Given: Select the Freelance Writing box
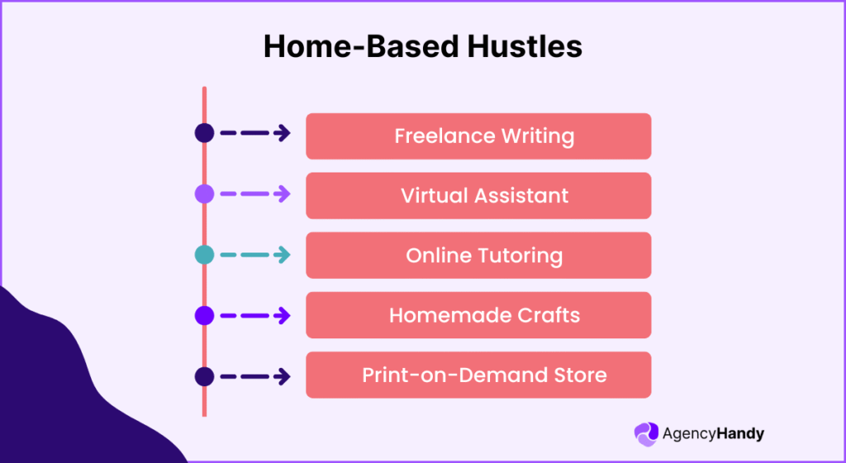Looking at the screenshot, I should tap(478, 136).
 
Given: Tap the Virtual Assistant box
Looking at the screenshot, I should tap(478, 196).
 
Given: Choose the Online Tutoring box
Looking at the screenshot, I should tap(478, 255).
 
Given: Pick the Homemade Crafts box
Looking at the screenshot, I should tap(478, 314).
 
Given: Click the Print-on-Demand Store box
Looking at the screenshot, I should tap(478, 375).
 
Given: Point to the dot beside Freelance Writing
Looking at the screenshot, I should tap(204, 133).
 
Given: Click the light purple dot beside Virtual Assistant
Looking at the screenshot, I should tap(204, 194).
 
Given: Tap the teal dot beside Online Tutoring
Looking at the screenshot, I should tap(204, 255).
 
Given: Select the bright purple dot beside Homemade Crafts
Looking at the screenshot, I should tap(204, 315).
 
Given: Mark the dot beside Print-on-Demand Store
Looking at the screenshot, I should tap(204, 377).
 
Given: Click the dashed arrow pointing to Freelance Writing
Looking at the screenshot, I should tap(255, 133).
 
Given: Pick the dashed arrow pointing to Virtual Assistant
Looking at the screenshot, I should tap(255, 194).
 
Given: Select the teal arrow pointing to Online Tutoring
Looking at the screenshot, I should tap(255, 255).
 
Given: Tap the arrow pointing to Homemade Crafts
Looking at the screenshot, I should tap(255, 315).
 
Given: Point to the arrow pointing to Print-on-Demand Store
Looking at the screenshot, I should tap(255, 377).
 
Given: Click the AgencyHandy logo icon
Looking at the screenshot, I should tap(645, 433).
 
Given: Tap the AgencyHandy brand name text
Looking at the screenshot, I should tap(714, 433).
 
